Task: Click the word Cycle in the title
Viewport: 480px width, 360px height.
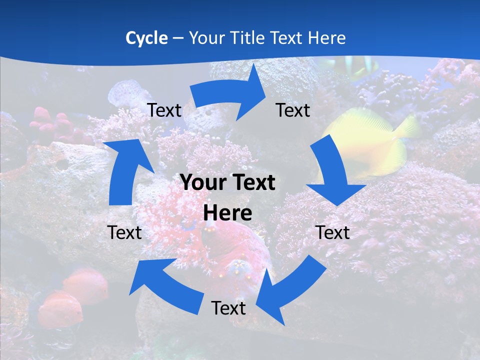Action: (x=146, y=38)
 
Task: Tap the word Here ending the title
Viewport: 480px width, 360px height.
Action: (x=327, y=38)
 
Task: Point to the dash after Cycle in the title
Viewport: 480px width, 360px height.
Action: (x=178, y=38)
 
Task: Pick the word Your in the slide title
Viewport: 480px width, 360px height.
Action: (x=206, y=38)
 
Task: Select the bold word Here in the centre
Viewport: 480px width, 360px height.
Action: (x=227, y=213)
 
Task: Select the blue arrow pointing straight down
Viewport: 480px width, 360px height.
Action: (x=332, y=175)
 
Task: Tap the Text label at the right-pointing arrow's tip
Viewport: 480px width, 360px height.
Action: (x=293, y=110)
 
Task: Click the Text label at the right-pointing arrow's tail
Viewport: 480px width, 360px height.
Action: (x=164, y=110)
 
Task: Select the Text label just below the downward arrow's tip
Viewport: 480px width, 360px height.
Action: (x=332, y=232)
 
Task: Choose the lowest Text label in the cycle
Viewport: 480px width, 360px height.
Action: (x=228, y=308)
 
